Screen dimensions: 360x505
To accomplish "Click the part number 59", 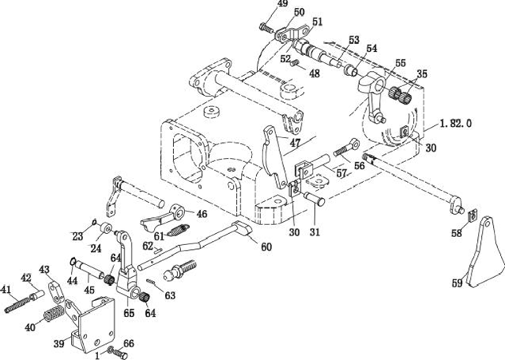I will pos(457,283).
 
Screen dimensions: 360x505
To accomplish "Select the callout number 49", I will pos(261,5).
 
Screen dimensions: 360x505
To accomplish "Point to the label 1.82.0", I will pos(456,124).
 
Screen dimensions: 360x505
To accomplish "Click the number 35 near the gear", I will pos(421,74).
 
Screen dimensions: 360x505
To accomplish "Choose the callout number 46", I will pos(201,214).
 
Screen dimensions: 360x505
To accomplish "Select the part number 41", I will pos(6,289).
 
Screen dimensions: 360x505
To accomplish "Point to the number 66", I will pos(128,343).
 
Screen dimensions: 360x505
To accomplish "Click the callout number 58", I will pos(456,233).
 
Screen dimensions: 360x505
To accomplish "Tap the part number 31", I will pos(314,231).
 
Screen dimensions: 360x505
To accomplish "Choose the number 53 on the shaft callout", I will pos(353,40).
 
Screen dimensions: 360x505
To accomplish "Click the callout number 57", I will pos(341,173).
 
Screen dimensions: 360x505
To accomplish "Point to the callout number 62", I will pos(147,247).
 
